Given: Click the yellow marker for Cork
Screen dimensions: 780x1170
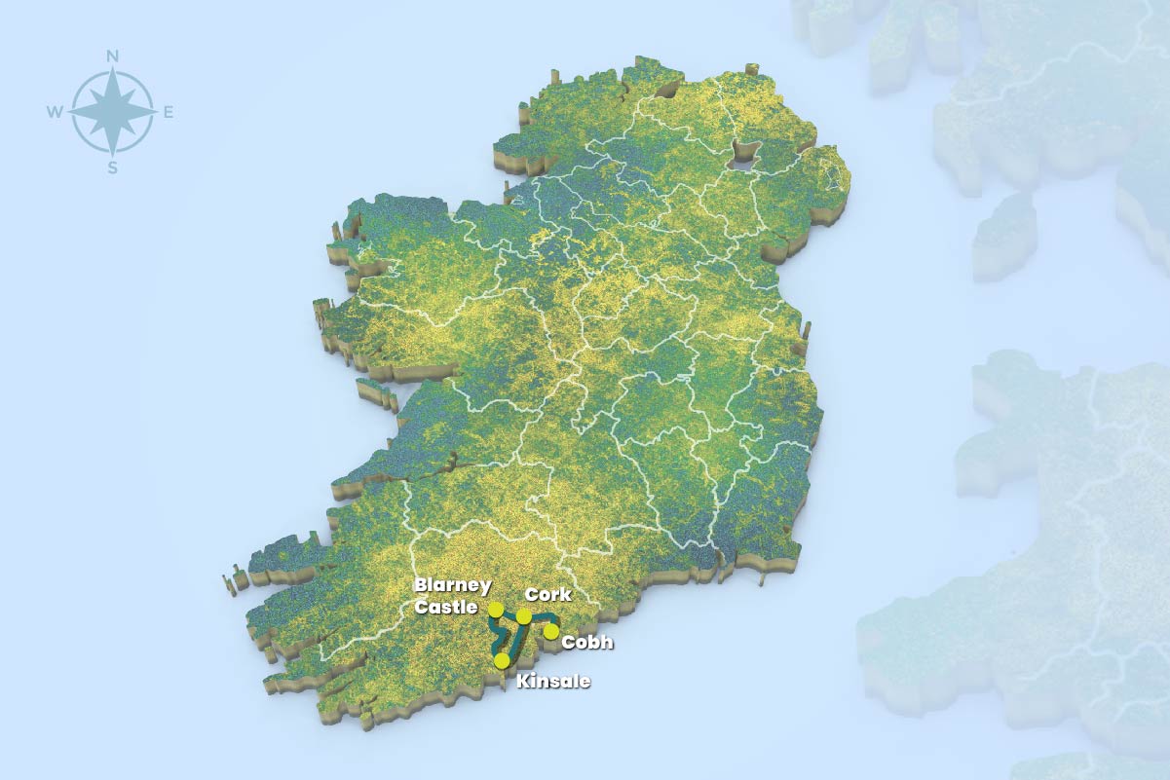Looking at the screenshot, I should [x=524, y=616].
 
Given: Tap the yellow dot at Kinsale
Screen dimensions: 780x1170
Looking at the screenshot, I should [x=502, y=660].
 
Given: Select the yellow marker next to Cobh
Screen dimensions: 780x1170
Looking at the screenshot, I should [x=551, y=631].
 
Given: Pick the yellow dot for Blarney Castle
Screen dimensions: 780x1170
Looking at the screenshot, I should [x=496, y=610].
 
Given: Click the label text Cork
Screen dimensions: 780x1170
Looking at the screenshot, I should [x=547, y=594].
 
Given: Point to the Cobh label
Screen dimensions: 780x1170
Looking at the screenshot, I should [x=587, y=643].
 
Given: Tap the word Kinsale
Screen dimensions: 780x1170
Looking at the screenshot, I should [x=553, y=681].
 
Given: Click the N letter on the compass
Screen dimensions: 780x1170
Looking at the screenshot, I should [x=113, y=56].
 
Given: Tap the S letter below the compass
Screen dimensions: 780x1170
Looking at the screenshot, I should [x=113, y=167].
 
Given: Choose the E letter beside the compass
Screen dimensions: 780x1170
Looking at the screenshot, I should [x=168, y=113].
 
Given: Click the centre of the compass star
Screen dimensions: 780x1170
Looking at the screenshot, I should [x=113, y=112].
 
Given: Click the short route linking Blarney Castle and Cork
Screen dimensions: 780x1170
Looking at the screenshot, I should [x=510, y=614].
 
